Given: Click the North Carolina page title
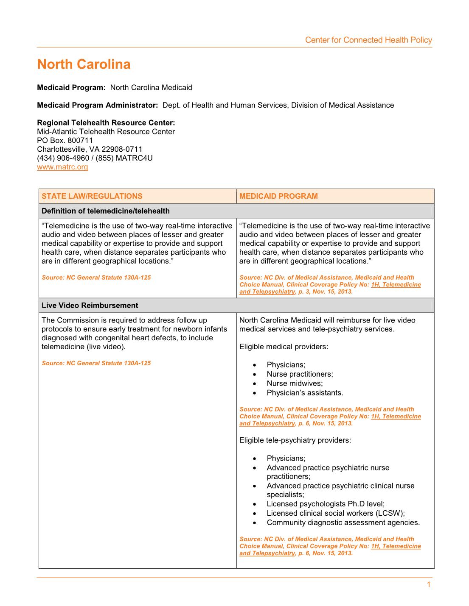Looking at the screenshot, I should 84,64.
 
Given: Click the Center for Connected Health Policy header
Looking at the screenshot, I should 368,40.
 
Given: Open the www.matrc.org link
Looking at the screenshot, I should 62,167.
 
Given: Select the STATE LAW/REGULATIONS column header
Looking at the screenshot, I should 92,196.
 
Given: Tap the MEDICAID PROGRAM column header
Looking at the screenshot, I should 278,196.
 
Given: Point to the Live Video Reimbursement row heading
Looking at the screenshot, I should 90,306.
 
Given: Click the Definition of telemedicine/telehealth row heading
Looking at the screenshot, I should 105,211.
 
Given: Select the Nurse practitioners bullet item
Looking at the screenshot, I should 300,374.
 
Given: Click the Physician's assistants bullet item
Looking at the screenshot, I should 305,393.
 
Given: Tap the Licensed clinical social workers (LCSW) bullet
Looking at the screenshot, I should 336,513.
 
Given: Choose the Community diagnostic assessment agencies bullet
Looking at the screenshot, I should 343,523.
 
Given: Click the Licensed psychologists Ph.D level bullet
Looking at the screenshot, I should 326,504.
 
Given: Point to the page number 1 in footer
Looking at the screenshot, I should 429,585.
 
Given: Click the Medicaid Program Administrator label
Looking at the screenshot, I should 98,105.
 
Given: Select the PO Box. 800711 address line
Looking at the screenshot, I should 65,140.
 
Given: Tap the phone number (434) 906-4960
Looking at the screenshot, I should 63,158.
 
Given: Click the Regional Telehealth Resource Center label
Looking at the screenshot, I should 106,122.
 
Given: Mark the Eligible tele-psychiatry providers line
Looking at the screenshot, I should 295,440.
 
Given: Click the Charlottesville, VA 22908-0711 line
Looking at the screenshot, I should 90,149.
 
